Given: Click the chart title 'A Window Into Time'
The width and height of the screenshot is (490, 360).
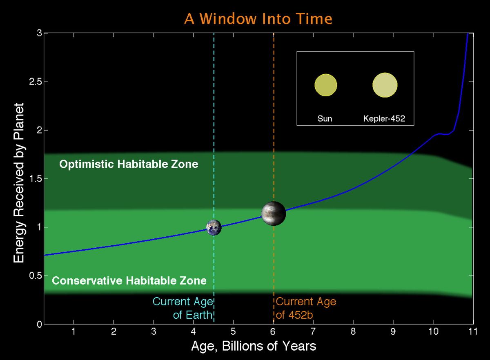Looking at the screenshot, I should coord(258,19).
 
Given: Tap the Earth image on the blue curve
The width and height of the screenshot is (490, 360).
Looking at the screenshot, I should coord(214,227).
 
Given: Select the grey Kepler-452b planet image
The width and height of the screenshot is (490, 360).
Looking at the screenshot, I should coord(274,213).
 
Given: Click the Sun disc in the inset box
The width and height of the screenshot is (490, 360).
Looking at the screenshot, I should coord(325,85).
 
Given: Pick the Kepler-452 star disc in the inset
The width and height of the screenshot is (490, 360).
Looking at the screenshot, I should coord(385,85).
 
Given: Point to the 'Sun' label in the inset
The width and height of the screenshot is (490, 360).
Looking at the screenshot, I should coord(325,119).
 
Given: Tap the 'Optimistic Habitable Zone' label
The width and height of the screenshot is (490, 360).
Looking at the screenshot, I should coord(129,164).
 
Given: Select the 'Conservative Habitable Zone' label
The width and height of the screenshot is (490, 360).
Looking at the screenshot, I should coord(129,281).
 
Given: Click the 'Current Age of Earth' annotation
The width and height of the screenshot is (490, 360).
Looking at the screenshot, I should coord(183,309).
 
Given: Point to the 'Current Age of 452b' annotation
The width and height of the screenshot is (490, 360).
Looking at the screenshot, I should coord(306,309).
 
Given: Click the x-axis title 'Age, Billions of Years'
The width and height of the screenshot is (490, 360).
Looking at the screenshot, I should coord(253,347).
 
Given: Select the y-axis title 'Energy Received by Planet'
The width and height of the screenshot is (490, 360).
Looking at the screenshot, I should coord(18,183).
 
